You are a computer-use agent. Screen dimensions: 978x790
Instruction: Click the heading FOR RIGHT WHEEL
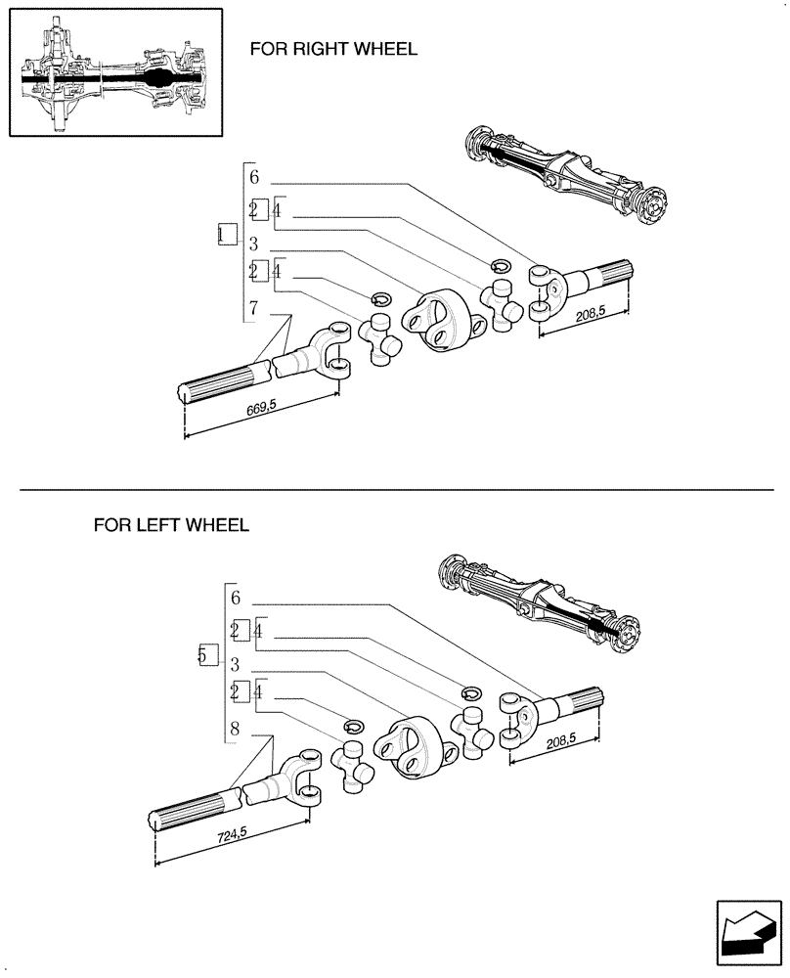[332, 49]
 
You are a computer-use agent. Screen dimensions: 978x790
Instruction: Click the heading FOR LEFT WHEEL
[171, 525]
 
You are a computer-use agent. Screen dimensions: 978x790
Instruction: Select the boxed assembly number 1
[226, 235]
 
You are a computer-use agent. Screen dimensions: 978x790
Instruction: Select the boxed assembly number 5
[204, 655]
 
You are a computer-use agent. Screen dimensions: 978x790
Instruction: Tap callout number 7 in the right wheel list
[253, 309]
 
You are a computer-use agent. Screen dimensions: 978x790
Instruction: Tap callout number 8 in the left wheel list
[235, 729]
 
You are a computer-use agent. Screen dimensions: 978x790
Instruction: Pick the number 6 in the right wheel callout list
[253, 177]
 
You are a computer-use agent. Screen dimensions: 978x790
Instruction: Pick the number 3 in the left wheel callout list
[235, 664]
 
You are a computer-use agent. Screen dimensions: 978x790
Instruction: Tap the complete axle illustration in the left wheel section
[538, 600]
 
